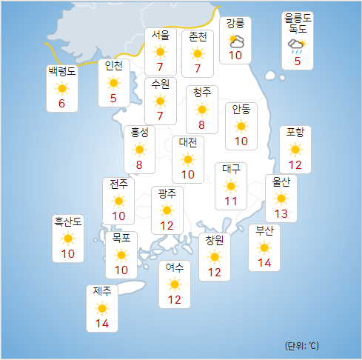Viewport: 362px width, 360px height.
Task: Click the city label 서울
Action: [x=161, y=35]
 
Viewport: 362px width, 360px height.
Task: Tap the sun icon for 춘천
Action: [x=197, y=53]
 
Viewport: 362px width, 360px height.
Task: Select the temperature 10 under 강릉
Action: [x=236, y=56]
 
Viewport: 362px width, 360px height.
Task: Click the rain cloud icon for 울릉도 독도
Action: [x=297, y=47]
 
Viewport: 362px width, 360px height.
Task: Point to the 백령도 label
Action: [x=61, y=72]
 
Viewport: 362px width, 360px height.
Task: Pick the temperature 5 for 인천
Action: [x=113, y=99]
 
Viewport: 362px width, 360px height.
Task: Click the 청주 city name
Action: [x=201, y=92]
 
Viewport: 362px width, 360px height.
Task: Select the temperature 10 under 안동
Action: [x=241, y=141]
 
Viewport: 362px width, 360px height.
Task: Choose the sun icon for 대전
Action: [x=187, y=159]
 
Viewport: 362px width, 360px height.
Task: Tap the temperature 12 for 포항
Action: [x=295, y=164]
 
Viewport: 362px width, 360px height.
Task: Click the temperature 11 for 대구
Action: [x=231, y=201]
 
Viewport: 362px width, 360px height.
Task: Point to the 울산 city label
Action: [x=281, y=181]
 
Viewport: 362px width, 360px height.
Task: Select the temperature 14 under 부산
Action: [x=264, y=263]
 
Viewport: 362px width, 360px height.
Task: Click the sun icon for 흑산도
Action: [x=68, y=239]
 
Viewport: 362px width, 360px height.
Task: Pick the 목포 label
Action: [x=121, y=238]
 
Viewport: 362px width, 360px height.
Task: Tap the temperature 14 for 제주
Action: [x=102, y=323]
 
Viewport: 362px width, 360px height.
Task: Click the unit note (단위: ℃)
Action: [x=301, y=346]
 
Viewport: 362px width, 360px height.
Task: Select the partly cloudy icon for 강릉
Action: [x=236, y=41]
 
